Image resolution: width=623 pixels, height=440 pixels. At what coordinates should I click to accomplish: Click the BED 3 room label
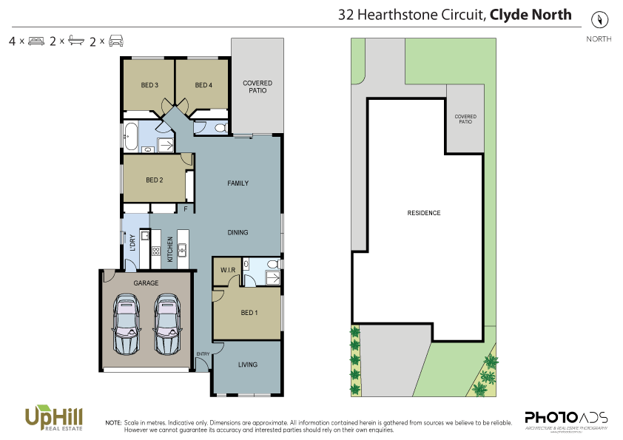149,85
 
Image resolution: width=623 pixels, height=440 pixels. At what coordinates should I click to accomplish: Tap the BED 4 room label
203,85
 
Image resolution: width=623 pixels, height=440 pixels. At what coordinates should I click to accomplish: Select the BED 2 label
154,180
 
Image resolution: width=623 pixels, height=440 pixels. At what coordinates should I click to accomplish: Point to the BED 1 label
250,313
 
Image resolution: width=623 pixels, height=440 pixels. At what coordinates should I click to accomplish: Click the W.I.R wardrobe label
227,271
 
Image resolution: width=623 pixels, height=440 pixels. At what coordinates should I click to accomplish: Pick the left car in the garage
127,323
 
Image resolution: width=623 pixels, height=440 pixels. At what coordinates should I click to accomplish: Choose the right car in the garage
167,323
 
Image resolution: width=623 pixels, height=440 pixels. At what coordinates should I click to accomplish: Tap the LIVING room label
248,365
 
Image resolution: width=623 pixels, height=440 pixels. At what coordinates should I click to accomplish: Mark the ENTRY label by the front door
203,355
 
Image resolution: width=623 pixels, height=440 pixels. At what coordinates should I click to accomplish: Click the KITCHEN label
170,249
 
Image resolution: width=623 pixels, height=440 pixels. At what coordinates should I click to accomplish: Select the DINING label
238,232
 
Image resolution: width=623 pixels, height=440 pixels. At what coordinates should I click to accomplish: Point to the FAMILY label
238,183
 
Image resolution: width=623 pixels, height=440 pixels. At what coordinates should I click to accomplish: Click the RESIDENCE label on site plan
424,213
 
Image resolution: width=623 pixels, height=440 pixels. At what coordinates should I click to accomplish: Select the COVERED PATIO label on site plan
465,118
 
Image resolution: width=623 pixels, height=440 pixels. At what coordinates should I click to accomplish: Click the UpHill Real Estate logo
53,419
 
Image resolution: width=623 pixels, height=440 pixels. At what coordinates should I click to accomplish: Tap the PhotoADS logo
566,419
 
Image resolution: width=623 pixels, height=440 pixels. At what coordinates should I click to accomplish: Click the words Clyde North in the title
531,14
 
